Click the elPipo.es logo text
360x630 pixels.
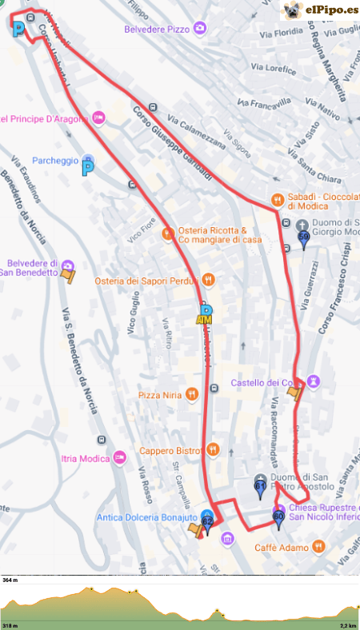click(x=330, y=10)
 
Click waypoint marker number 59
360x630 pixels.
click(x=303, y=237)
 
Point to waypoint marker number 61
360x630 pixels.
click(x=260, y=486)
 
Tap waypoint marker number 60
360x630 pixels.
click(x=278, y=518)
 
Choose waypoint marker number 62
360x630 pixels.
click(x=208, y=523)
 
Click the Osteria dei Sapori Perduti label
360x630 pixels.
click(x=146, y=280)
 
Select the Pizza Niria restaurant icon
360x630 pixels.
click(x=191, y=394)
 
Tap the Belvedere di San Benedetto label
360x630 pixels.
click(x=32, y=268)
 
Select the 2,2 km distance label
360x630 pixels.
click(x=347, y=625)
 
